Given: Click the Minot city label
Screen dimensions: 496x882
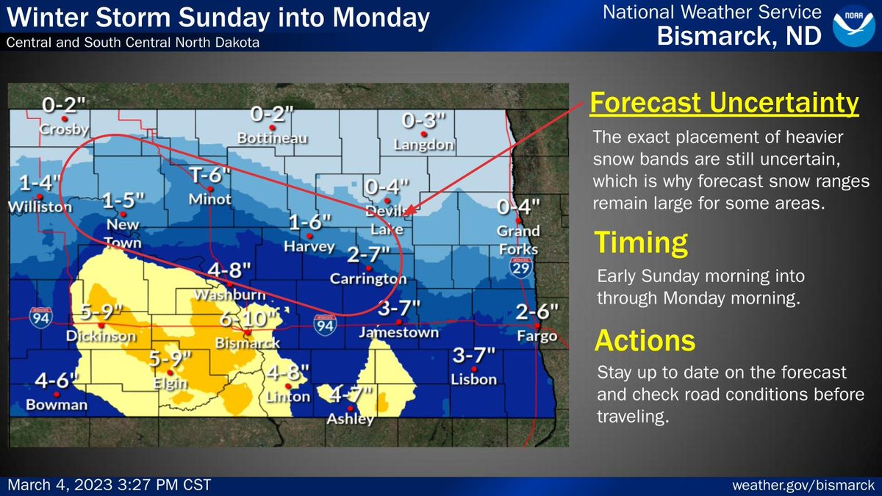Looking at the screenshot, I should (210, 199).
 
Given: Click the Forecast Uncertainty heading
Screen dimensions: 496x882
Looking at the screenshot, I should (725, 104).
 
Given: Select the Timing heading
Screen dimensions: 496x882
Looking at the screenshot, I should (641, 242).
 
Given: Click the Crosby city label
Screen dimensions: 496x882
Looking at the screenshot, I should (65, 130).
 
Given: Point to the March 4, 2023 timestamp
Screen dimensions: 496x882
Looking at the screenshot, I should (110, 486).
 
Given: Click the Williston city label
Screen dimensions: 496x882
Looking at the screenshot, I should (39, 208).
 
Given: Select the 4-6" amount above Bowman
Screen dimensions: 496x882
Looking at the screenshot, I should (57, 381).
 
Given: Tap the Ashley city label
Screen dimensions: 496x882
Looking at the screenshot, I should (351, 420).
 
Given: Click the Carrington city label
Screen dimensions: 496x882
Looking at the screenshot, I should (369, 279).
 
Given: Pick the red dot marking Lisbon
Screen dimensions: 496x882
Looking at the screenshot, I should (474, 369).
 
